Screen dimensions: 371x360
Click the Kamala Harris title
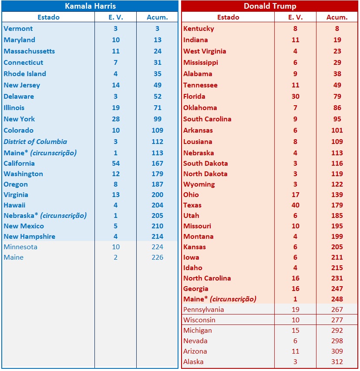(x=90, y=6)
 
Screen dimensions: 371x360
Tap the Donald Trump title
(x=270, y=6)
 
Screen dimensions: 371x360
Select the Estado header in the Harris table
(x=48, y=17)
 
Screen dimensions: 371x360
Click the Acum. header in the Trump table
(x=337, y=17)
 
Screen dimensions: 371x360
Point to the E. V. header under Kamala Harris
(x=115, y=17)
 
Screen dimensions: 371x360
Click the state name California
(x=19, y=164)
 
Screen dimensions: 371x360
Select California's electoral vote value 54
(x=115, y=164)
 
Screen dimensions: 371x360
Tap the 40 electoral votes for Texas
(x=296, y=205)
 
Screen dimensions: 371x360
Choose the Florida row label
(x=194, y=97)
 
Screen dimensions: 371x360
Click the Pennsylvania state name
(x=204, y=310)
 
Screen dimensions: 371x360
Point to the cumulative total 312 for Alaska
(x=337, y=362)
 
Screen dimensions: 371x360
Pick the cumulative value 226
(x=157, y=257)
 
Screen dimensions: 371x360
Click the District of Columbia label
(x=35, y=142)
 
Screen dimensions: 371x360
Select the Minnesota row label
(x=20, y=247)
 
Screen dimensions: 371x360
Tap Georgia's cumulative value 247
(x=337, y=289)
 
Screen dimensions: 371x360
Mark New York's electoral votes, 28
(x=115, y=119)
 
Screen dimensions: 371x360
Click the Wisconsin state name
(x=199, y=320)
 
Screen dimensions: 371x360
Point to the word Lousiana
(x=198, y=142)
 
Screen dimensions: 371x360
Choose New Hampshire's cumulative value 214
(x=157, y=237)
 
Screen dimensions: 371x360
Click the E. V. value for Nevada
(x=296, y=341)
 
